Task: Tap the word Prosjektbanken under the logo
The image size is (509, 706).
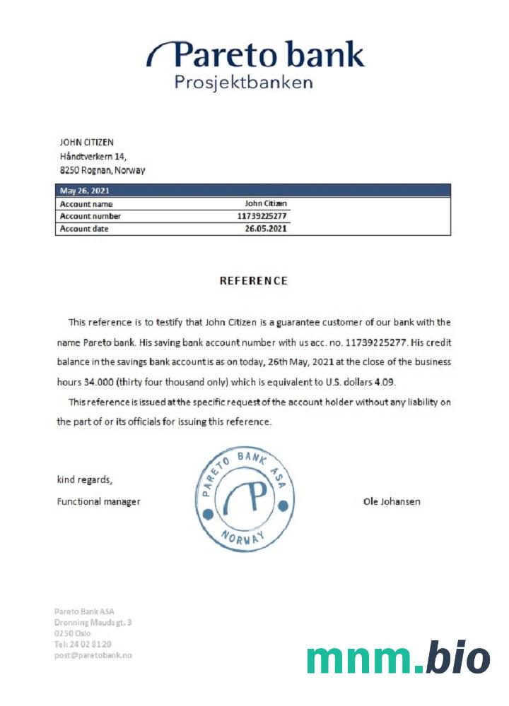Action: point(243,83)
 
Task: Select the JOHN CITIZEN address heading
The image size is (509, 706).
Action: point(87,143)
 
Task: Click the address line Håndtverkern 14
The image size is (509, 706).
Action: point(93,157)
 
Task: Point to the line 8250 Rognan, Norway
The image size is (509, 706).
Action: point(103,171)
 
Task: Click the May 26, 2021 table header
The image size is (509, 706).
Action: point(85,191)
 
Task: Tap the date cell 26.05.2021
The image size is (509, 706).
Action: point(266,229)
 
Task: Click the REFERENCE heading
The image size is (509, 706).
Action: point(254,281)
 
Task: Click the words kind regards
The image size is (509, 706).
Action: point(84,480)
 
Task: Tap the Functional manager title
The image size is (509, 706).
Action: point(98,502)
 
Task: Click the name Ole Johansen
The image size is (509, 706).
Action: point(392,502)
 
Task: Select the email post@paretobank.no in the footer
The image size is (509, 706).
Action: point(93,655)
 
